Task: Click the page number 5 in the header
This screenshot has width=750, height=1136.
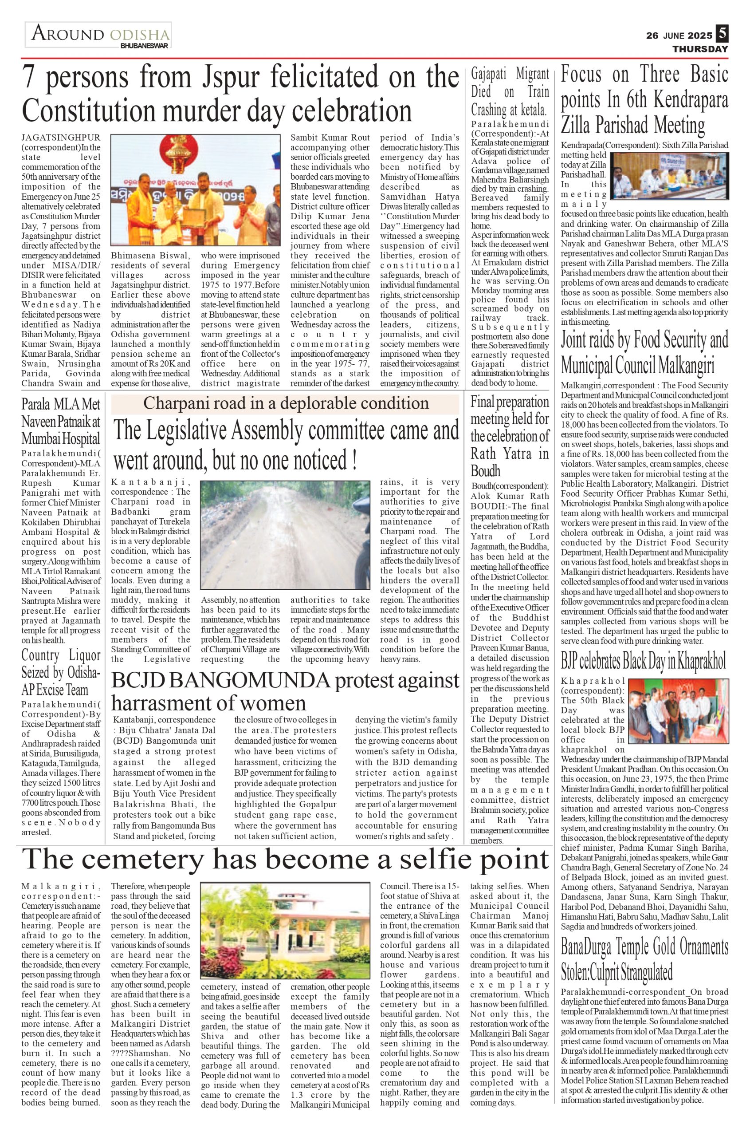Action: [722, 34]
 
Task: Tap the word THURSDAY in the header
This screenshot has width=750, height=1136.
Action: [700, 49]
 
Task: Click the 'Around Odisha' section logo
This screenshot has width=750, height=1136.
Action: [99, 35]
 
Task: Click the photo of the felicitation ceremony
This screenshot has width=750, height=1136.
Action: [195, 190]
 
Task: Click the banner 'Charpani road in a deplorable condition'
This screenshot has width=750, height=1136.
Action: [286, 403]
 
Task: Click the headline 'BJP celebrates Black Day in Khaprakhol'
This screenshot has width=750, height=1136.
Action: [644, 662]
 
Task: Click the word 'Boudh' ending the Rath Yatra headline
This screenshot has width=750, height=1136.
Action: [486, 471]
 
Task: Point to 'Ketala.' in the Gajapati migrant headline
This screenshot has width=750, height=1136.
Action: [530, 110]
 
